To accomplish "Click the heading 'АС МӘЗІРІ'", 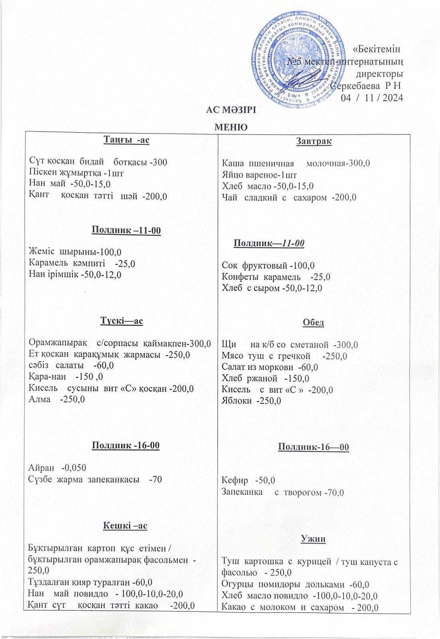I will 231,110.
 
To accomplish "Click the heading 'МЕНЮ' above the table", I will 231,127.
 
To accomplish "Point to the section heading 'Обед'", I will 314,323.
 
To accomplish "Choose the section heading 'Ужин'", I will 314,539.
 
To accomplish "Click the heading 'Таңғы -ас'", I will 126,140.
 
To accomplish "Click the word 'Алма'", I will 39,399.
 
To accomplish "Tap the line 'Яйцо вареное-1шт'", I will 259,175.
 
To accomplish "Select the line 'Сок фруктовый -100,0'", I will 268,265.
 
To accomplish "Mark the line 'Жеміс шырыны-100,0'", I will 75,252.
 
